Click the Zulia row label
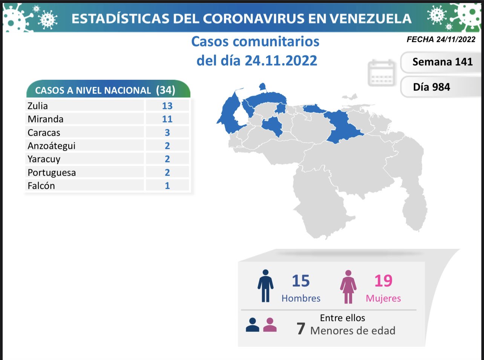click(x=38, y=106)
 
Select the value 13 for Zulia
click(x=167, y=106)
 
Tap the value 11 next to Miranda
click(x=167, y=119)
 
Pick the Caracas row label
click(x=44, y=133)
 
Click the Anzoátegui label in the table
click(x=51, y=146)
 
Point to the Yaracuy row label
click(x=44, y=159)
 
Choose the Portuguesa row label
click(x=52, y=172)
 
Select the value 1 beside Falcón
click(x=167, y=186)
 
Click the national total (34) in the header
click(x=165, y=90)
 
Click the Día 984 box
click(x=432, y=87)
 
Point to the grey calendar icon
click(x=381, y=73)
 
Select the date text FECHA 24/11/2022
click(x=441, y=40)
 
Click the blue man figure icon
click(x=265, y=286)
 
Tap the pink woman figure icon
click(x=348, y=287)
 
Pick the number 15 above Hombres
click(x=300, y=281)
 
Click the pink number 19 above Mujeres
click(x=383, y=281)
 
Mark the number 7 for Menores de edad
click(x=300, y=329)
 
